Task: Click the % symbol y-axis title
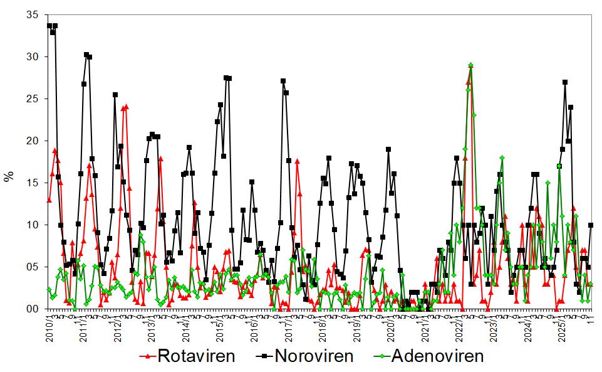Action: pyautogui.click(x=9, y=176)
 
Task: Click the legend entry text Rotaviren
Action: pyautogui.click(x=196, y=356)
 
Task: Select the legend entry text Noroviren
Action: pyautogui.click(x=315, y=356)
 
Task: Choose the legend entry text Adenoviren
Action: pyautogui.click(x=437, y=356)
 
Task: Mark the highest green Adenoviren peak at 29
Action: pyautogui.click(x=470, y=65)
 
